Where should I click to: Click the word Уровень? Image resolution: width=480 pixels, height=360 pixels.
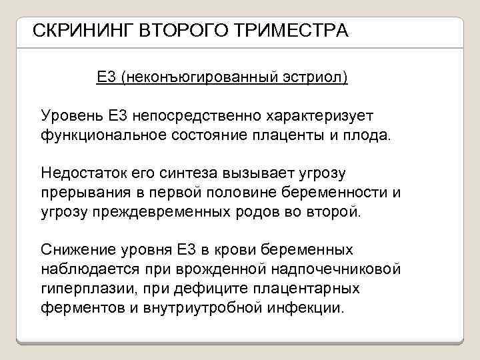72,117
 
